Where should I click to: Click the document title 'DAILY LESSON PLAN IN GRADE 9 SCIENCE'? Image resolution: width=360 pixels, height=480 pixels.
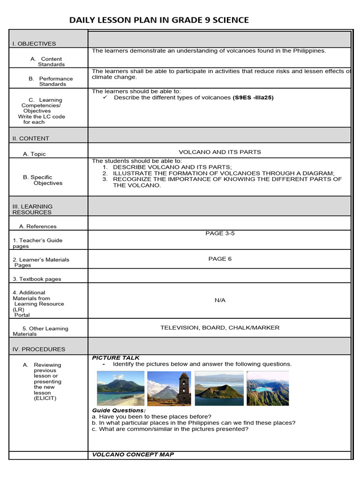(159, 20)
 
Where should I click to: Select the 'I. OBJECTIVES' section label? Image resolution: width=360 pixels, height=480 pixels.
(34, 44)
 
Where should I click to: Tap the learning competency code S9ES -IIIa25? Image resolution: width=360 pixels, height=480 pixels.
(253, 97)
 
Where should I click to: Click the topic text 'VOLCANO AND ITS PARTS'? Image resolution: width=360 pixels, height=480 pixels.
(220, 152)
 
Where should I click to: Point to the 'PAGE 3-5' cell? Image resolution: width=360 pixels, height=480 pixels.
(220, 233)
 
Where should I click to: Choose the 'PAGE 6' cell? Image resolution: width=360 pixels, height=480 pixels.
(220, 259)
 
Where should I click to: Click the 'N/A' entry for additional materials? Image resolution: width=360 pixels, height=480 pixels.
(220, 300)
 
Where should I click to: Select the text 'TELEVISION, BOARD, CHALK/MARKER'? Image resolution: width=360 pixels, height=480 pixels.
(220, 328)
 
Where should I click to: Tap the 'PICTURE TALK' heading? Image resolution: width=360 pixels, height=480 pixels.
(116, 358)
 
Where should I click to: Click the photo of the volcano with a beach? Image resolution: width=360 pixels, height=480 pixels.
(120, 388)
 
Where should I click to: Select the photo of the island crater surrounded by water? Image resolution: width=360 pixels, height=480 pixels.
(219, 388)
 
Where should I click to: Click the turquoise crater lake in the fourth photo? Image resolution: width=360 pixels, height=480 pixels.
(263, 389)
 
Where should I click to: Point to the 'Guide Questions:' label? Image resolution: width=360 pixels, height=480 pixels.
(119, 410)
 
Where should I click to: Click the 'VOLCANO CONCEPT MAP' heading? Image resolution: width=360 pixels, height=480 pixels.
(133, 455)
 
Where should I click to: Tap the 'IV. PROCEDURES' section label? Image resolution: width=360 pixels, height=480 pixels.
(39, 349)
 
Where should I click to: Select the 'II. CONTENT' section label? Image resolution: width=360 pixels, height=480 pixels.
(30, 138)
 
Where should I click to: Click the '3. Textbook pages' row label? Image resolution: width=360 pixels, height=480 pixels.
(37, 279)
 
